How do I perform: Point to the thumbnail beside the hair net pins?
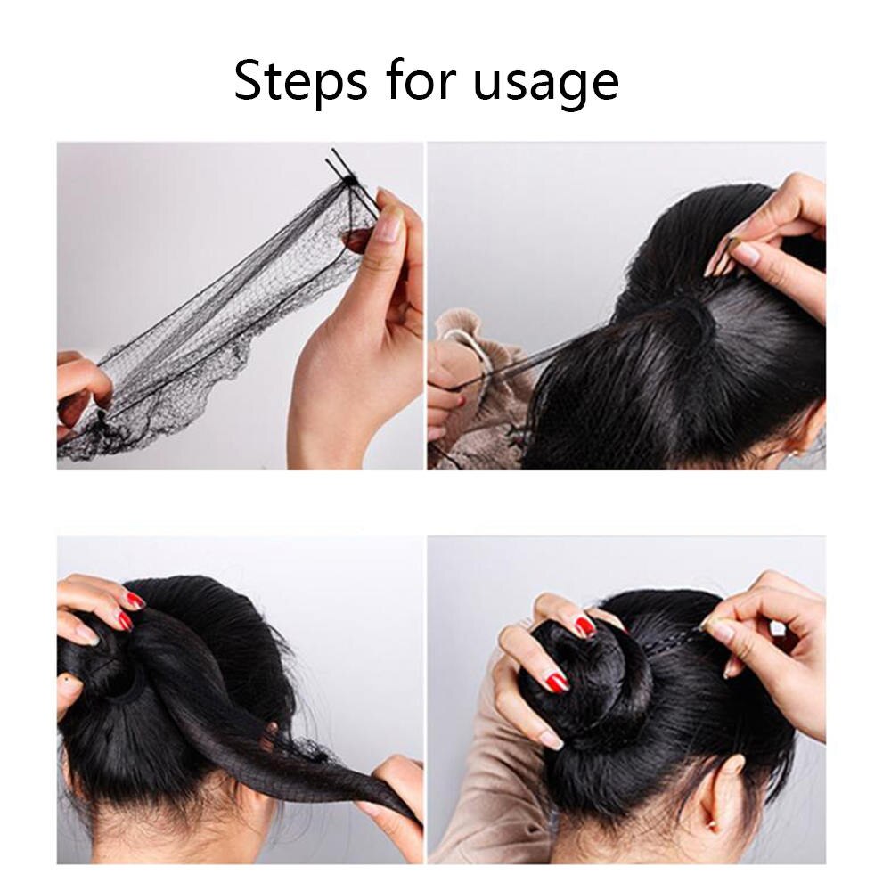[388, 227]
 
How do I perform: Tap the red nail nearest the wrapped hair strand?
[124, 621]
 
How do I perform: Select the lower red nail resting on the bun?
[557, 683]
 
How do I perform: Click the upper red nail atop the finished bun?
[584, 626]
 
